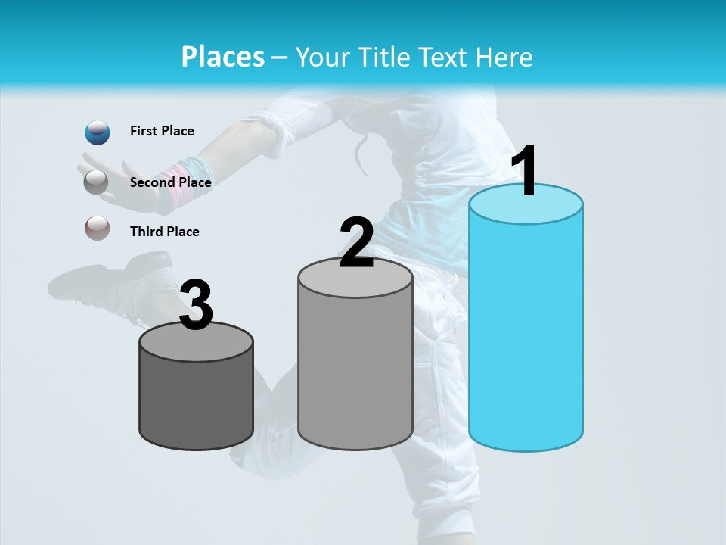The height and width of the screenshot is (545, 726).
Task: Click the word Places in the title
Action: (223, 57)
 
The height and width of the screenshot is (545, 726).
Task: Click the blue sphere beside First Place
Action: (98, 132)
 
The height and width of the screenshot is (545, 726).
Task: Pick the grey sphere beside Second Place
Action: (96, 182)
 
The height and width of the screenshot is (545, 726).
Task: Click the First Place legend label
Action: (162, 131)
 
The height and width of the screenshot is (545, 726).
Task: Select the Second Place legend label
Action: (170, 182)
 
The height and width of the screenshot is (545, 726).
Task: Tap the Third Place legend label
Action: (164, 232)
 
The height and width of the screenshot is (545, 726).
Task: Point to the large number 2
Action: (356, 242)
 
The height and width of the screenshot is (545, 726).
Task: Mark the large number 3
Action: (196, 305)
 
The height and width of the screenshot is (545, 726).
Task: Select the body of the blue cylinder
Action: (526, 333)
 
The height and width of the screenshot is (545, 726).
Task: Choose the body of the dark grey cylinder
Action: (196, 401)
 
